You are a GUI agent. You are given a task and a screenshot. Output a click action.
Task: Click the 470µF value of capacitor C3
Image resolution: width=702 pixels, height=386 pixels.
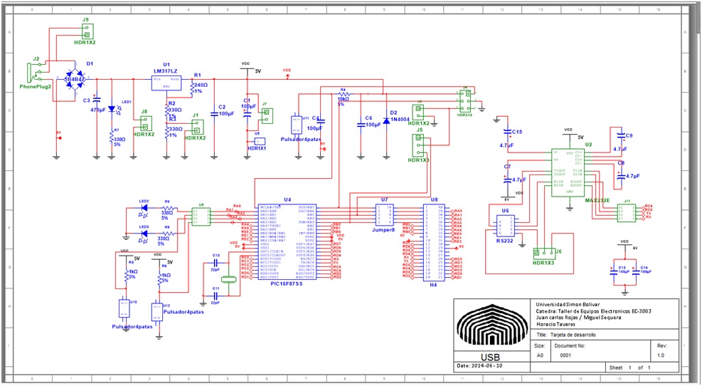[x=98, y=110]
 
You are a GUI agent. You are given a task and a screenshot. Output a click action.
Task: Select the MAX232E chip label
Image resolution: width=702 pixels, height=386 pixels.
[x=597, y=201]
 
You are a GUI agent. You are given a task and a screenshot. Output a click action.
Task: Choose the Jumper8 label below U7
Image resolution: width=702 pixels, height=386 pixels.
[x=383, y=230]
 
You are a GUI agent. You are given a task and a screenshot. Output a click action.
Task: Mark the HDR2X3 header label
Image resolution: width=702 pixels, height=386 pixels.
[x=464, y=114]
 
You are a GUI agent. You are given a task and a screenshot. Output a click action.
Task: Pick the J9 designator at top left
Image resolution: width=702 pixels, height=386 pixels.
[x=85, y=20]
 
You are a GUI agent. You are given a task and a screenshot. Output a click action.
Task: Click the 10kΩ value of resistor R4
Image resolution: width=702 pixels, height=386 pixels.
[x=343, y=98]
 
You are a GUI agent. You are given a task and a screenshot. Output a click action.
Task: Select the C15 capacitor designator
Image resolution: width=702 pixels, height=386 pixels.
[x=517, y=132]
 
